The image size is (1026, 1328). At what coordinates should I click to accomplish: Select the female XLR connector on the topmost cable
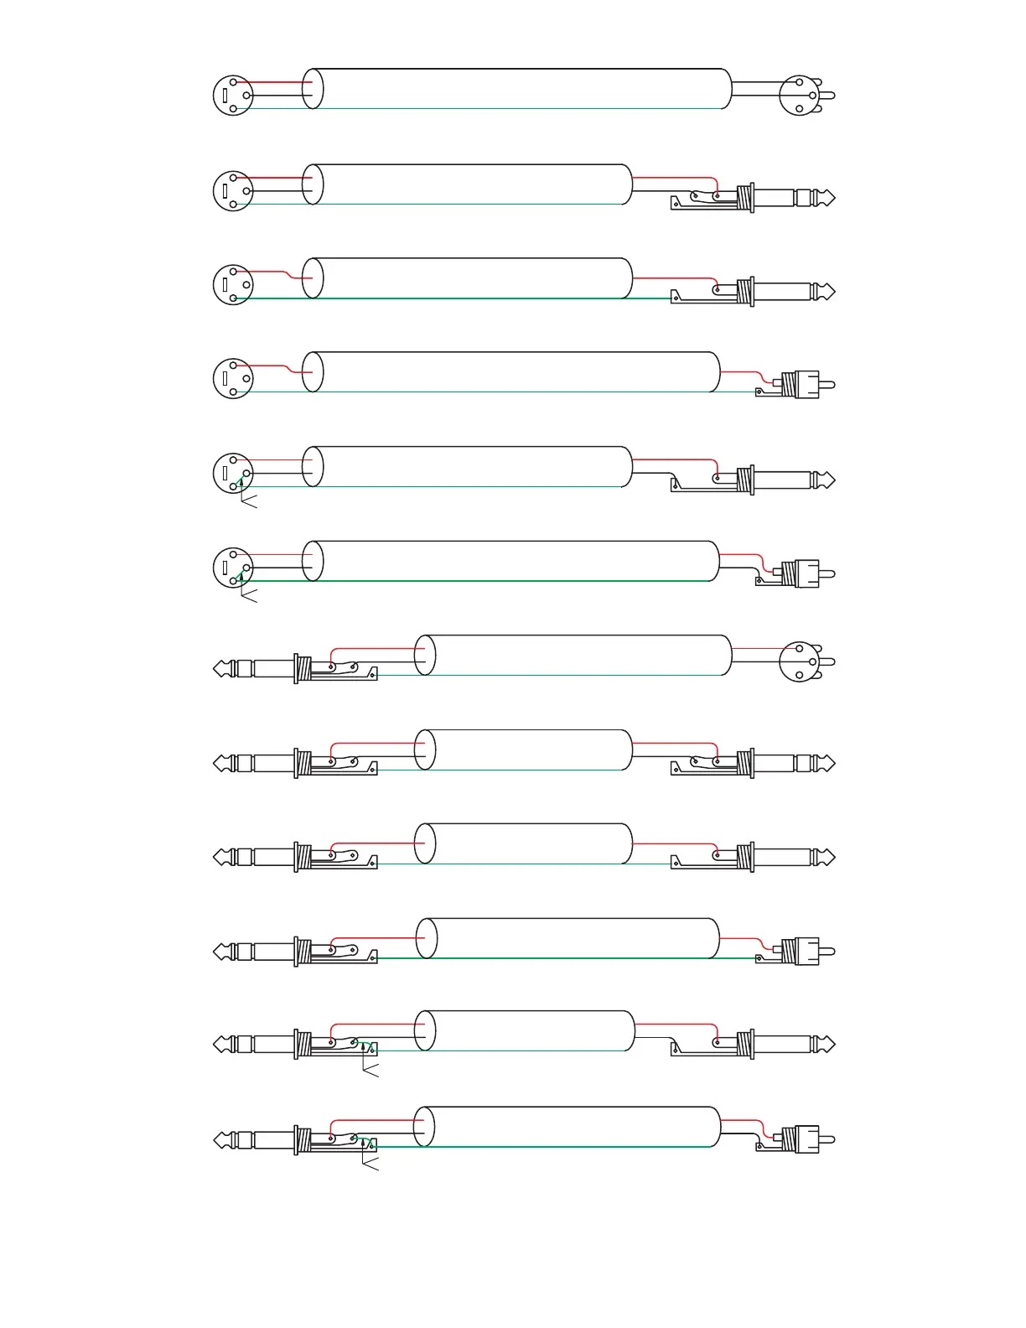(233, 96)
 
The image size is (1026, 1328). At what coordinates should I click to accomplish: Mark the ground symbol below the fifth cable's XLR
(248, 501)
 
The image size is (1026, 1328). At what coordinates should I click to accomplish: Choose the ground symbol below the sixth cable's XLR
(248, 595)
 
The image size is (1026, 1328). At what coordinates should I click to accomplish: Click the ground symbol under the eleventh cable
(369, 1069)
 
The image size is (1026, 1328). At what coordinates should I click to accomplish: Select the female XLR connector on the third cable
(233, 285)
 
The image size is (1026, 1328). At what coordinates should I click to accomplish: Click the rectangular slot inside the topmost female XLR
(225, 96)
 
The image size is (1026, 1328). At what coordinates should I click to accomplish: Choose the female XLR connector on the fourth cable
(233, 379)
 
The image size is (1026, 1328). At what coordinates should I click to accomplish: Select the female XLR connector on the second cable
(233, 191)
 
